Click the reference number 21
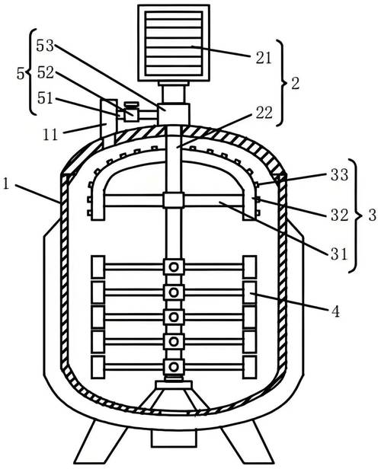pyautogui.click(x=264, y=57)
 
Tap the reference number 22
pyautogui.click(x=264, y=113)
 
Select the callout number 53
pyautogui.click(x=45, y=46)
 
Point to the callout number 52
pyautogui.click(x=46, y=72)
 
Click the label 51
pyautogui.click(x=45, y=98)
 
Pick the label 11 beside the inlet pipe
pyautogui.click(x=50, y=135)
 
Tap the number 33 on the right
pyautogui.click(x=339, y=174)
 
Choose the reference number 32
pyautogui.click(x=339, y=215)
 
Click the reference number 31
pyautogui.click(x=338, y=254)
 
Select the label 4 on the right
pyautogui.click(x=336, y=311)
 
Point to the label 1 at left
pyautogui.click(x=6, y=184)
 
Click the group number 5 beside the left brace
pyautogui.click(x=21, y=73)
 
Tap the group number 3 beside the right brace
pyautogui.click(x=372, y=215)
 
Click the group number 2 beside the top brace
pyautogui.click(x=295, y=84)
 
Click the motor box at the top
pyautogui.click(x=174, y=43)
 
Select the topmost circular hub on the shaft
pyautogui.click(x=174, y=266)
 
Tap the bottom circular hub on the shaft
pyautogui.click(x=174, y=366)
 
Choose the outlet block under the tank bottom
pyautogui.click(x=174, y=439)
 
